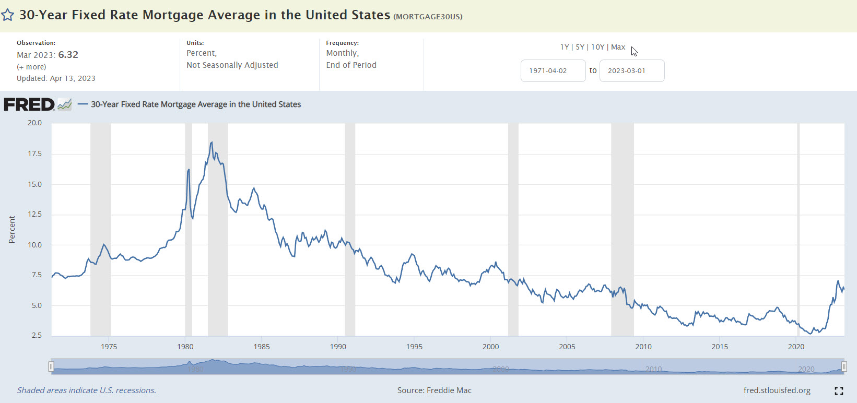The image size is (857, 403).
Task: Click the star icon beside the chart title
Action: (x=7, y=15)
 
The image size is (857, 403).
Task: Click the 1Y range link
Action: (x=565, y=47)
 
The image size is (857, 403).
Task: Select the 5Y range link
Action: (x=580, y=47)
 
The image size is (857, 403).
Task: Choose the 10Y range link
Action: (x=597, y=47)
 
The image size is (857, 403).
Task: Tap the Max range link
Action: (x=618, y=47)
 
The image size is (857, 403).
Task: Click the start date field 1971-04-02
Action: (x=553, y=70)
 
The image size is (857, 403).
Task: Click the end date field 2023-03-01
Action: (x=631, y=70)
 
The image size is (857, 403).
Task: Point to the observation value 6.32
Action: (x=68, y=55)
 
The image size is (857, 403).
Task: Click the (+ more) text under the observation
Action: (x=31, y=67)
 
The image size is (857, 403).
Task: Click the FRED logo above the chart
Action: (x=29, y=104)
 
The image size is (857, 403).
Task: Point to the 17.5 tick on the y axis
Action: (x=34, y=153)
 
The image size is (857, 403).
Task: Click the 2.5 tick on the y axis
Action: (x=36, y=335)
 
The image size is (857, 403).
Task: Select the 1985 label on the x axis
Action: (x=262, y=347)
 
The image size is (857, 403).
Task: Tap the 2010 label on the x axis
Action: (x=643, y=347)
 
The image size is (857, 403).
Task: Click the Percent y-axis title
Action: (x=12, y=230)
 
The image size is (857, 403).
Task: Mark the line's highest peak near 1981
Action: (x=212, y=142)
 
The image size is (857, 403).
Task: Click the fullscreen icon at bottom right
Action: (x=839, y=391)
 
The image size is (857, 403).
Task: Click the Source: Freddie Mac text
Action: (x=434, y=390)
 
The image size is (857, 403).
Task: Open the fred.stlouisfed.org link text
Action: (x=777, y=390)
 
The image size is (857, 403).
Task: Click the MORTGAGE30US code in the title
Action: (x=428, y=16)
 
